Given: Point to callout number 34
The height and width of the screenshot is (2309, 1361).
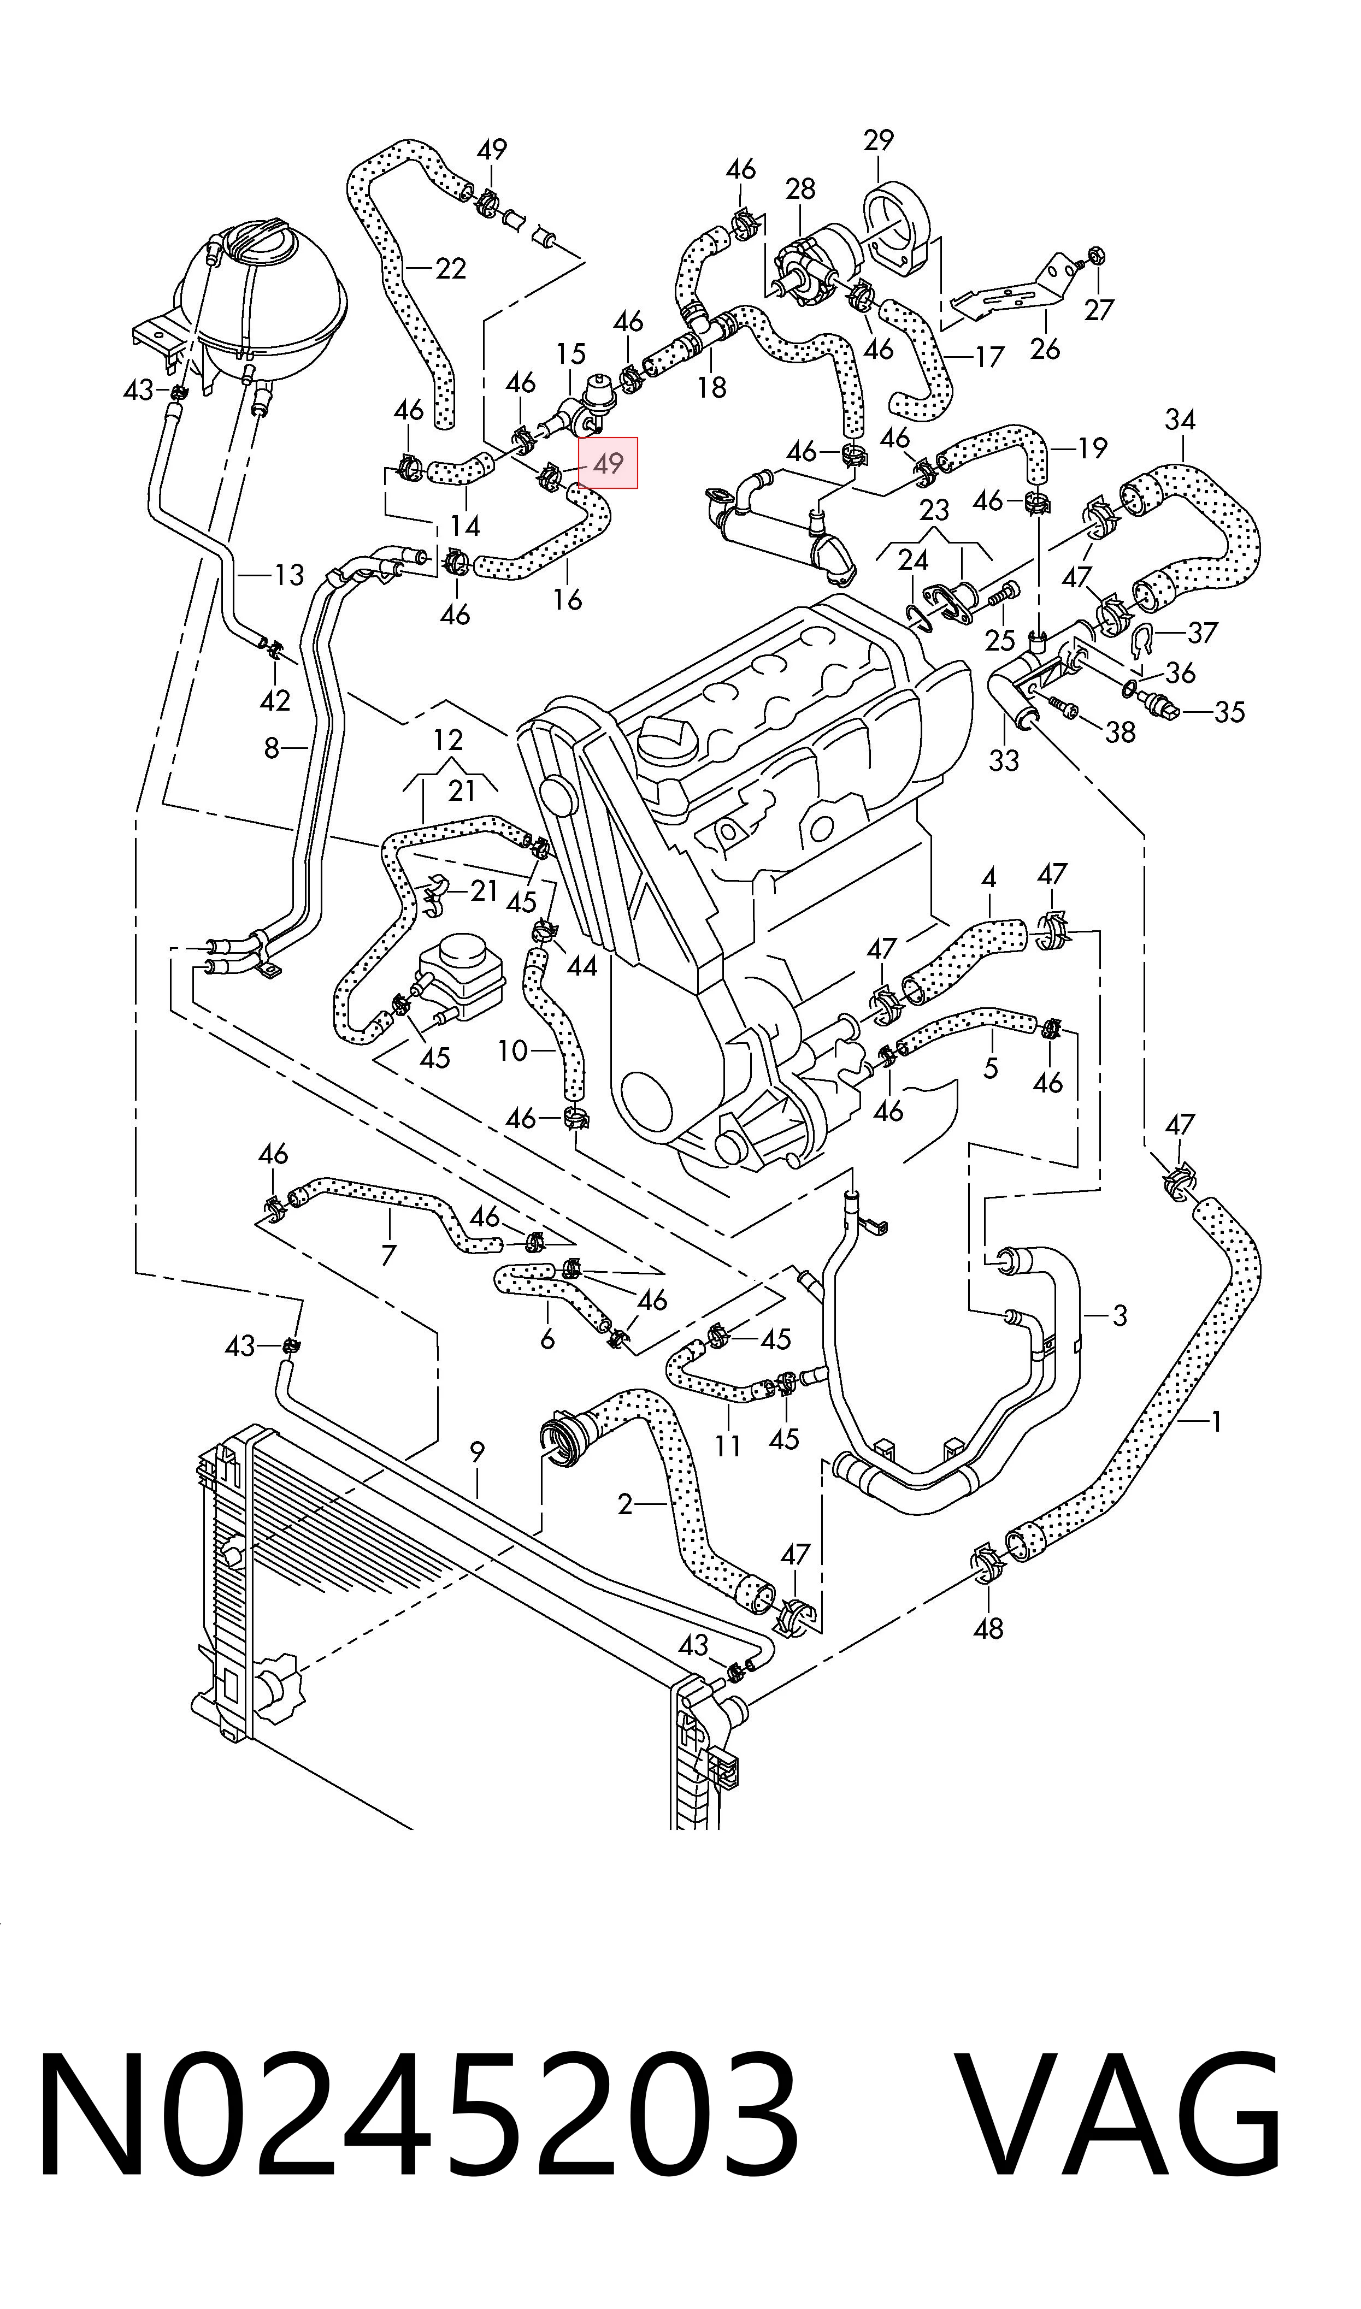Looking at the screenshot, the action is tap(1180, 420).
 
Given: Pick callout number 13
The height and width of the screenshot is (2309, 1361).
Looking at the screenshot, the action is tap(289, 576).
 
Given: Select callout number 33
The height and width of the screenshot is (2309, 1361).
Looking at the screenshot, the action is tap(1004, 760).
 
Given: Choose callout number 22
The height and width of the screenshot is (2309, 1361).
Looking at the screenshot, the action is tap(450, 269).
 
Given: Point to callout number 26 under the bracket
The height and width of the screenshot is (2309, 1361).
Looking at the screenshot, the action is tap(1045, 349).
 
